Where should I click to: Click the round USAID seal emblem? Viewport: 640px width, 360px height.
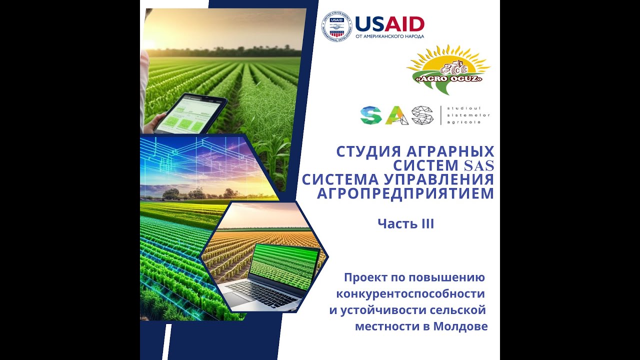pyautogui.click(x=336, y=26)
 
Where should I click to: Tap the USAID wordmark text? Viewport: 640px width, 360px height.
pyautogui.click(x=389, y=23)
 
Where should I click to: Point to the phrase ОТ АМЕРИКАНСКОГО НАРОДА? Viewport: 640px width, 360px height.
pyautogui.click(x=389, y=36)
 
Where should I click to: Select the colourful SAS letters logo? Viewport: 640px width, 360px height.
pyautogui.click(x=396, y=115)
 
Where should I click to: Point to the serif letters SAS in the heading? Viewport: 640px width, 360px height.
pyautogui.click(x=479, y=165)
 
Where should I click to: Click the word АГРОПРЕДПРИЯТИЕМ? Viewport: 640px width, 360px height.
pyautogui.click(x=405, y=193)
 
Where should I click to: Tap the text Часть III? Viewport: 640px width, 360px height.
pyautogui.click(x=405, y=224)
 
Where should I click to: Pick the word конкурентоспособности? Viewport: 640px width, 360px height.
pyautogui.click(x=411, y=293)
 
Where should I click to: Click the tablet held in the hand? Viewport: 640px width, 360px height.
pyautogui.click(x=190, y=113)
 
